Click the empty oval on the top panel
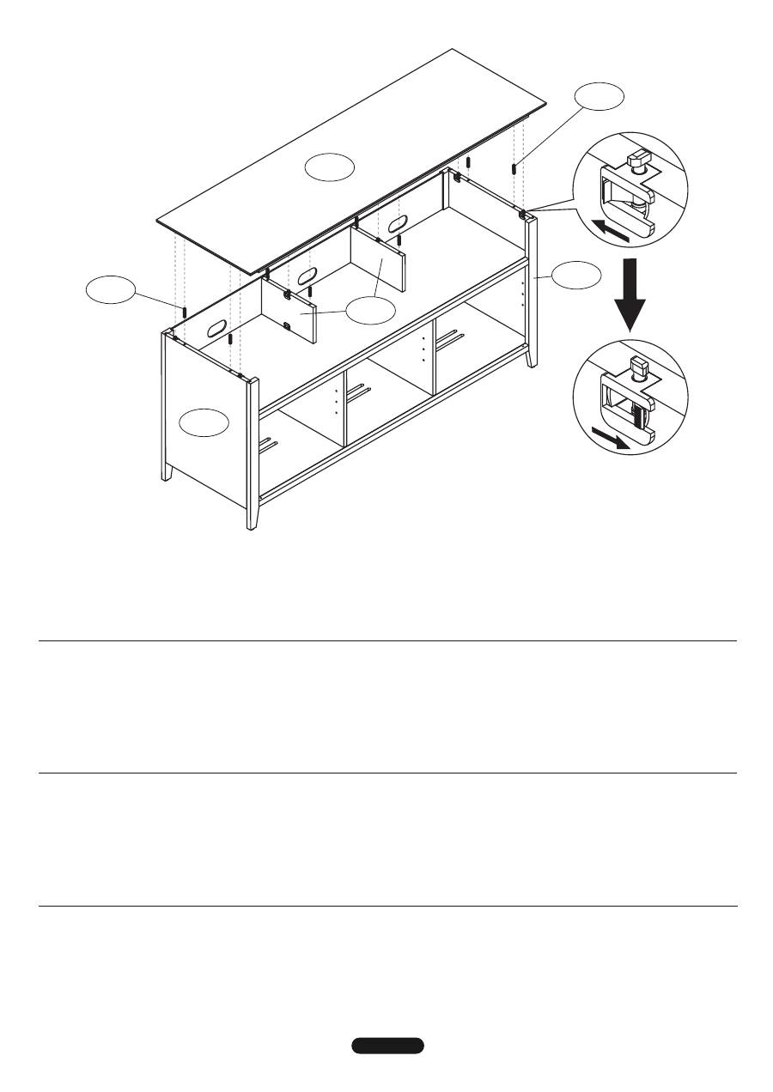331,167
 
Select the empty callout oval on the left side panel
205,422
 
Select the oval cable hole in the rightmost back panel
397,225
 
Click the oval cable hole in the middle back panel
307,277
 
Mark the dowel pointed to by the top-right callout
513,168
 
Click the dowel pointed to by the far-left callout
185,308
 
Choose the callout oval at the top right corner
599,97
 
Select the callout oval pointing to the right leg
575,276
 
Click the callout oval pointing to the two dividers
371,311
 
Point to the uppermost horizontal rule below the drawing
387,640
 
